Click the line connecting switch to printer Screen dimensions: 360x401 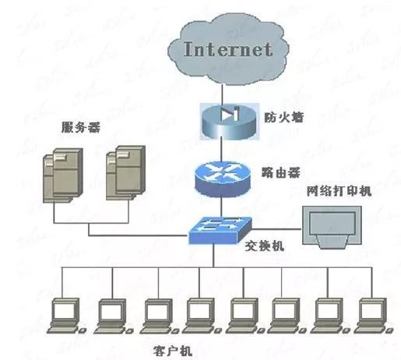click(276, 229)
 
